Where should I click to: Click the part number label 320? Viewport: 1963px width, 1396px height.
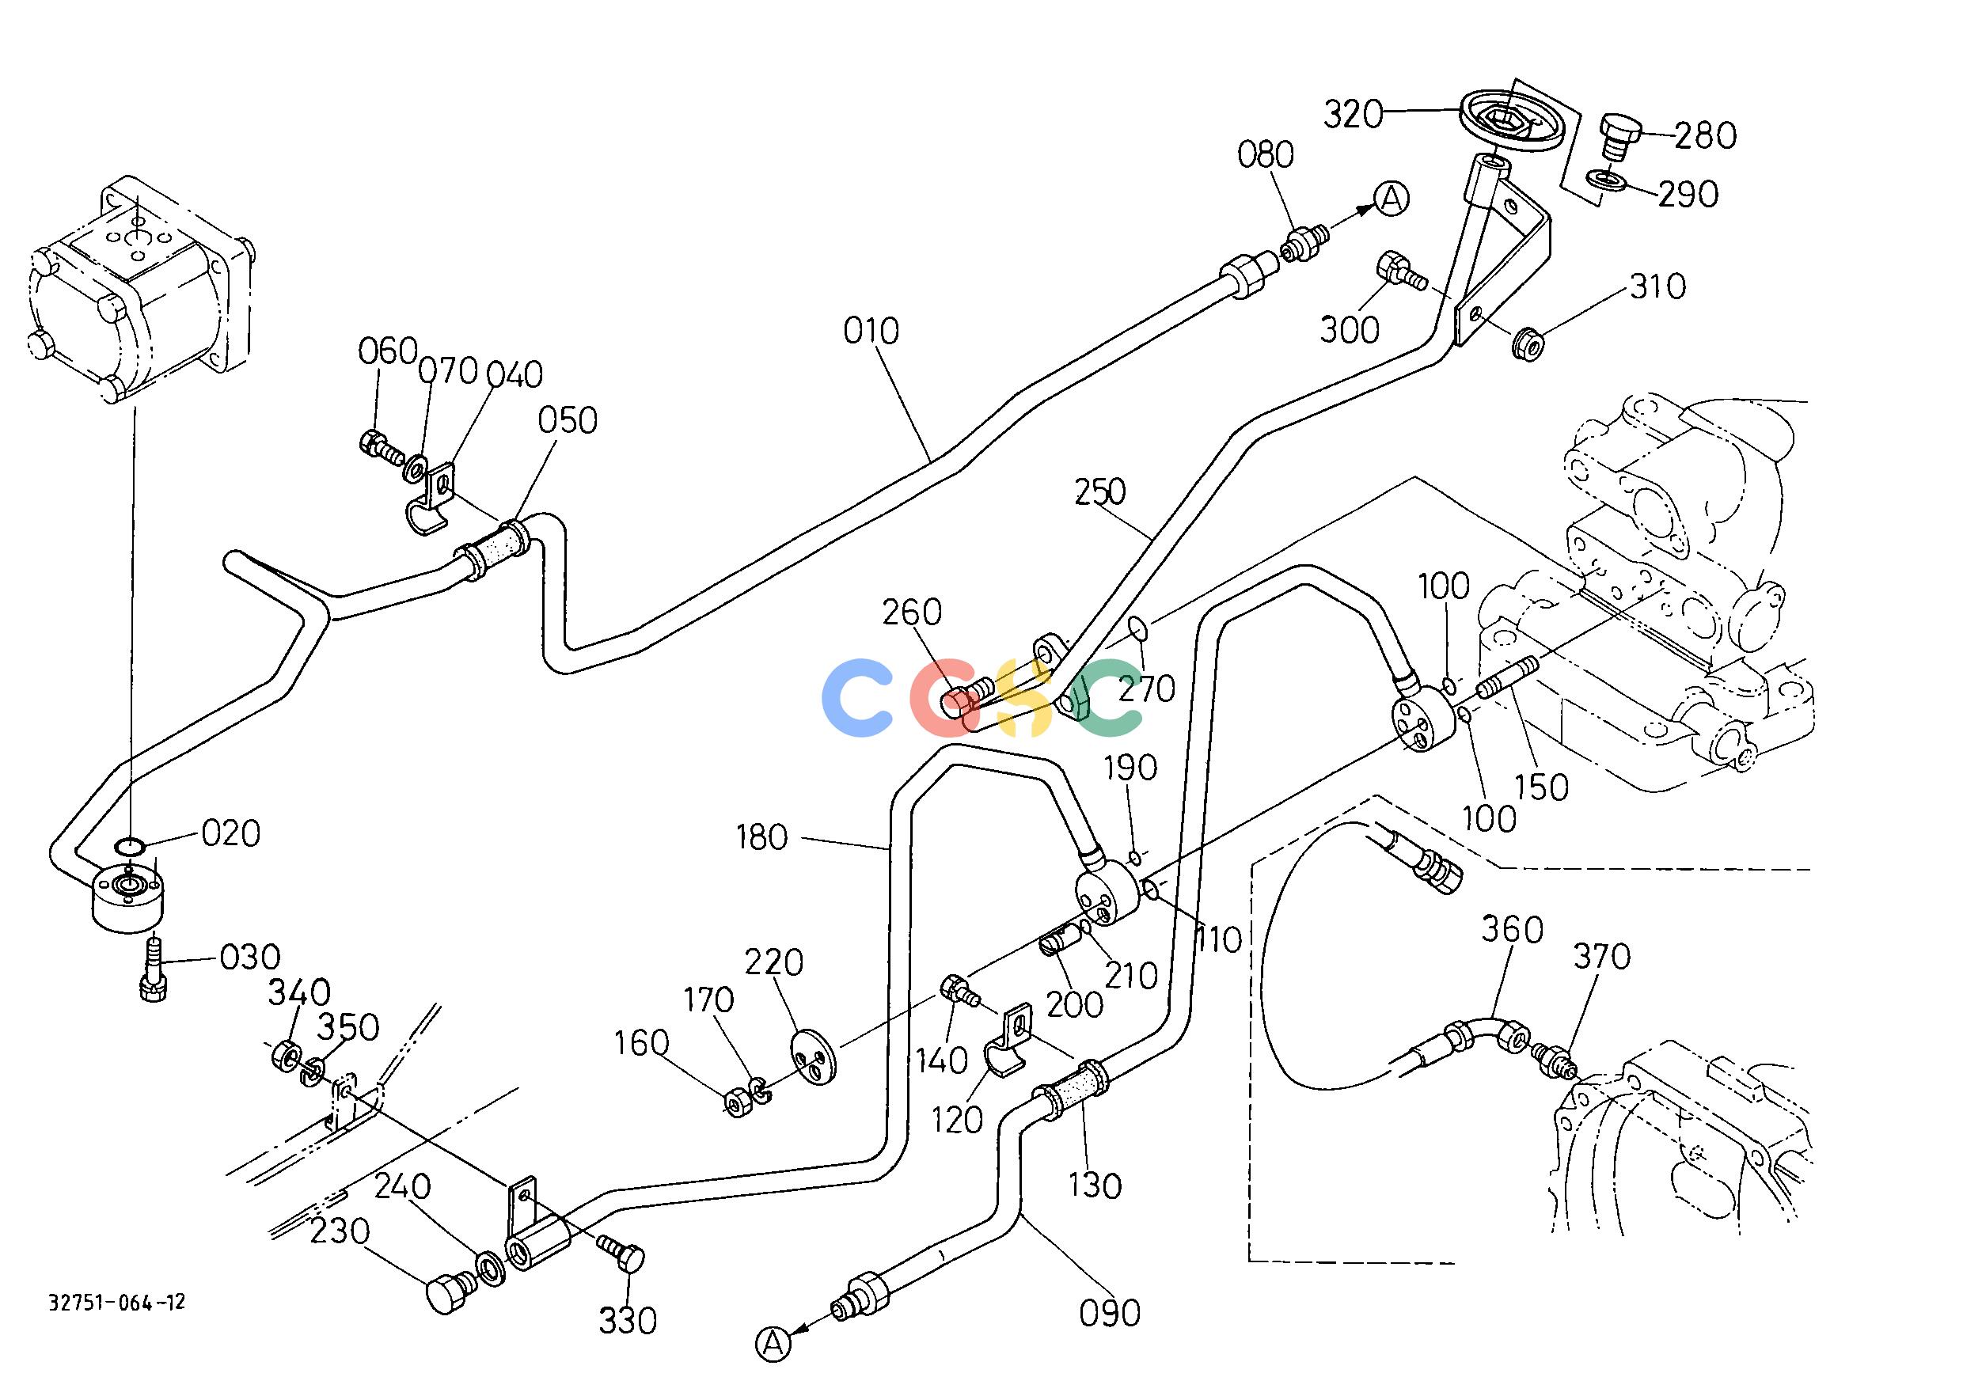click(1353, 114)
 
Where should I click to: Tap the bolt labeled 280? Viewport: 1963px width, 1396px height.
click(1620, 138)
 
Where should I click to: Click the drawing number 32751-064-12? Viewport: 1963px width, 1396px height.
click(117, 1303)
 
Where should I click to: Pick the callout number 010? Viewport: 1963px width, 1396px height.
click(871, 331)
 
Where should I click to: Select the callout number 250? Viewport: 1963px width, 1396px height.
click(1099, 491)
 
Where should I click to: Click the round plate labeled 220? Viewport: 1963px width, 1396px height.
click(813, 1056)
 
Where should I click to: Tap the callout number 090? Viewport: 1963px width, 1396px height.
click(1110, 1314)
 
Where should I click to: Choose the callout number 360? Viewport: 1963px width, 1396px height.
click(1513, 929)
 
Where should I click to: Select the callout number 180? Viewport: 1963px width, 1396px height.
click(761, 837)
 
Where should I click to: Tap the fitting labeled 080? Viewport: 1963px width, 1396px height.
click(1305, 243)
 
